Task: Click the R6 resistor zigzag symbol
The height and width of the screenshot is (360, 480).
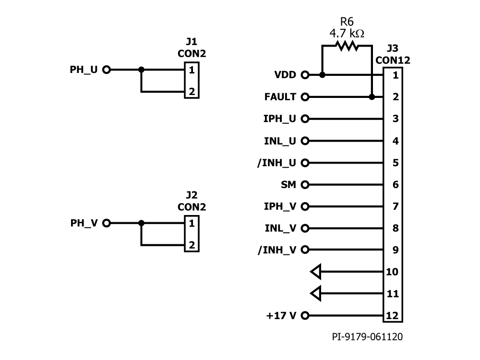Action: coord(347,46)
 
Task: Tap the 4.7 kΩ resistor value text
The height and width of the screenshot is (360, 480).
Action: coord(347,34)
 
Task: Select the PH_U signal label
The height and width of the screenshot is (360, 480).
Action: coord(84,70)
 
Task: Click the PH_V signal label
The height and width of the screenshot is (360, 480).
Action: coord(84,223)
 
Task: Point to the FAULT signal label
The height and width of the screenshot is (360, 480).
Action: coord(280,97)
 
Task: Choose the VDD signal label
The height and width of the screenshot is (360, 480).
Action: coord(285,75)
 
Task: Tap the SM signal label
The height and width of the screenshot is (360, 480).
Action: coord(289,184)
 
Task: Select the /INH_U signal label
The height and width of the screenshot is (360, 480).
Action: coord(276,163)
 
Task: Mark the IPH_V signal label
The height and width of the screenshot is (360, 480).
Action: coord(280,206)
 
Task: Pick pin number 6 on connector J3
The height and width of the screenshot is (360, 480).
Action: coord(396,184)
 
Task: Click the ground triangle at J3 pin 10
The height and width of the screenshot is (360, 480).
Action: coord(315,272)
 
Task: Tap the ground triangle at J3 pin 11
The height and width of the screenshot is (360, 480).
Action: coord(315,293)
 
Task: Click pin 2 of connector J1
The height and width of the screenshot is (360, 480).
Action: coord(192,92)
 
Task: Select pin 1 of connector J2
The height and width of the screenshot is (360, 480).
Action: coord(192,223)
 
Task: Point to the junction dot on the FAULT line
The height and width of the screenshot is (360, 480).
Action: coord(372,97)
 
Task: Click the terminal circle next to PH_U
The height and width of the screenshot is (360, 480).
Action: coord(107,70)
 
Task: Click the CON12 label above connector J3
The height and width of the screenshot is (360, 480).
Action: coord(393,60)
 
